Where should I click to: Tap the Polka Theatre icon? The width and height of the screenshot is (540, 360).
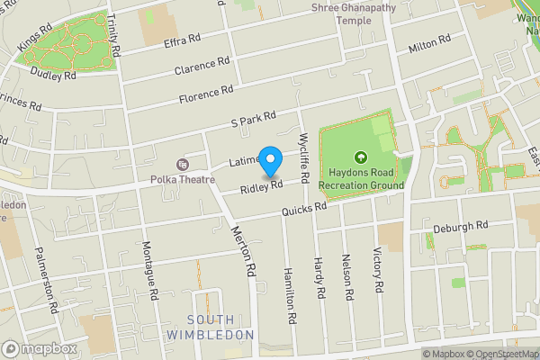[x=184, y=164]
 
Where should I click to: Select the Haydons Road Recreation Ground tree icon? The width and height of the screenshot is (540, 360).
[x=361, y=157]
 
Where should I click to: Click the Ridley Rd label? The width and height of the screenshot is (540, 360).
[x=262, y=187]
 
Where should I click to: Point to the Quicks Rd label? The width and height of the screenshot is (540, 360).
[x=302, y=210]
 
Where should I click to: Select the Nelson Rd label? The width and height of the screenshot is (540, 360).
[x=348, y=276]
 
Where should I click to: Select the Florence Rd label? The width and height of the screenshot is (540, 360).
[x=204, y=92]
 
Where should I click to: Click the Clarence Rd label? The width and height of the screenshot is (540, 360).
[x=202, y=66]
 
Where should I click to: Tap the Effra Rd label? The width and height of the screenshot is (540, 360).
[x=180, y=41]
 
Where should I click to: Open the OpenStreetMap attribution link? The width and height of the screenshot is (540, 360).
[x=499, y=354]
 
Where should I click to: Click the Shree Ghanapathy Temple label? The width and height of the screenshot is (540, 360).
[x=354, y=13]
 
